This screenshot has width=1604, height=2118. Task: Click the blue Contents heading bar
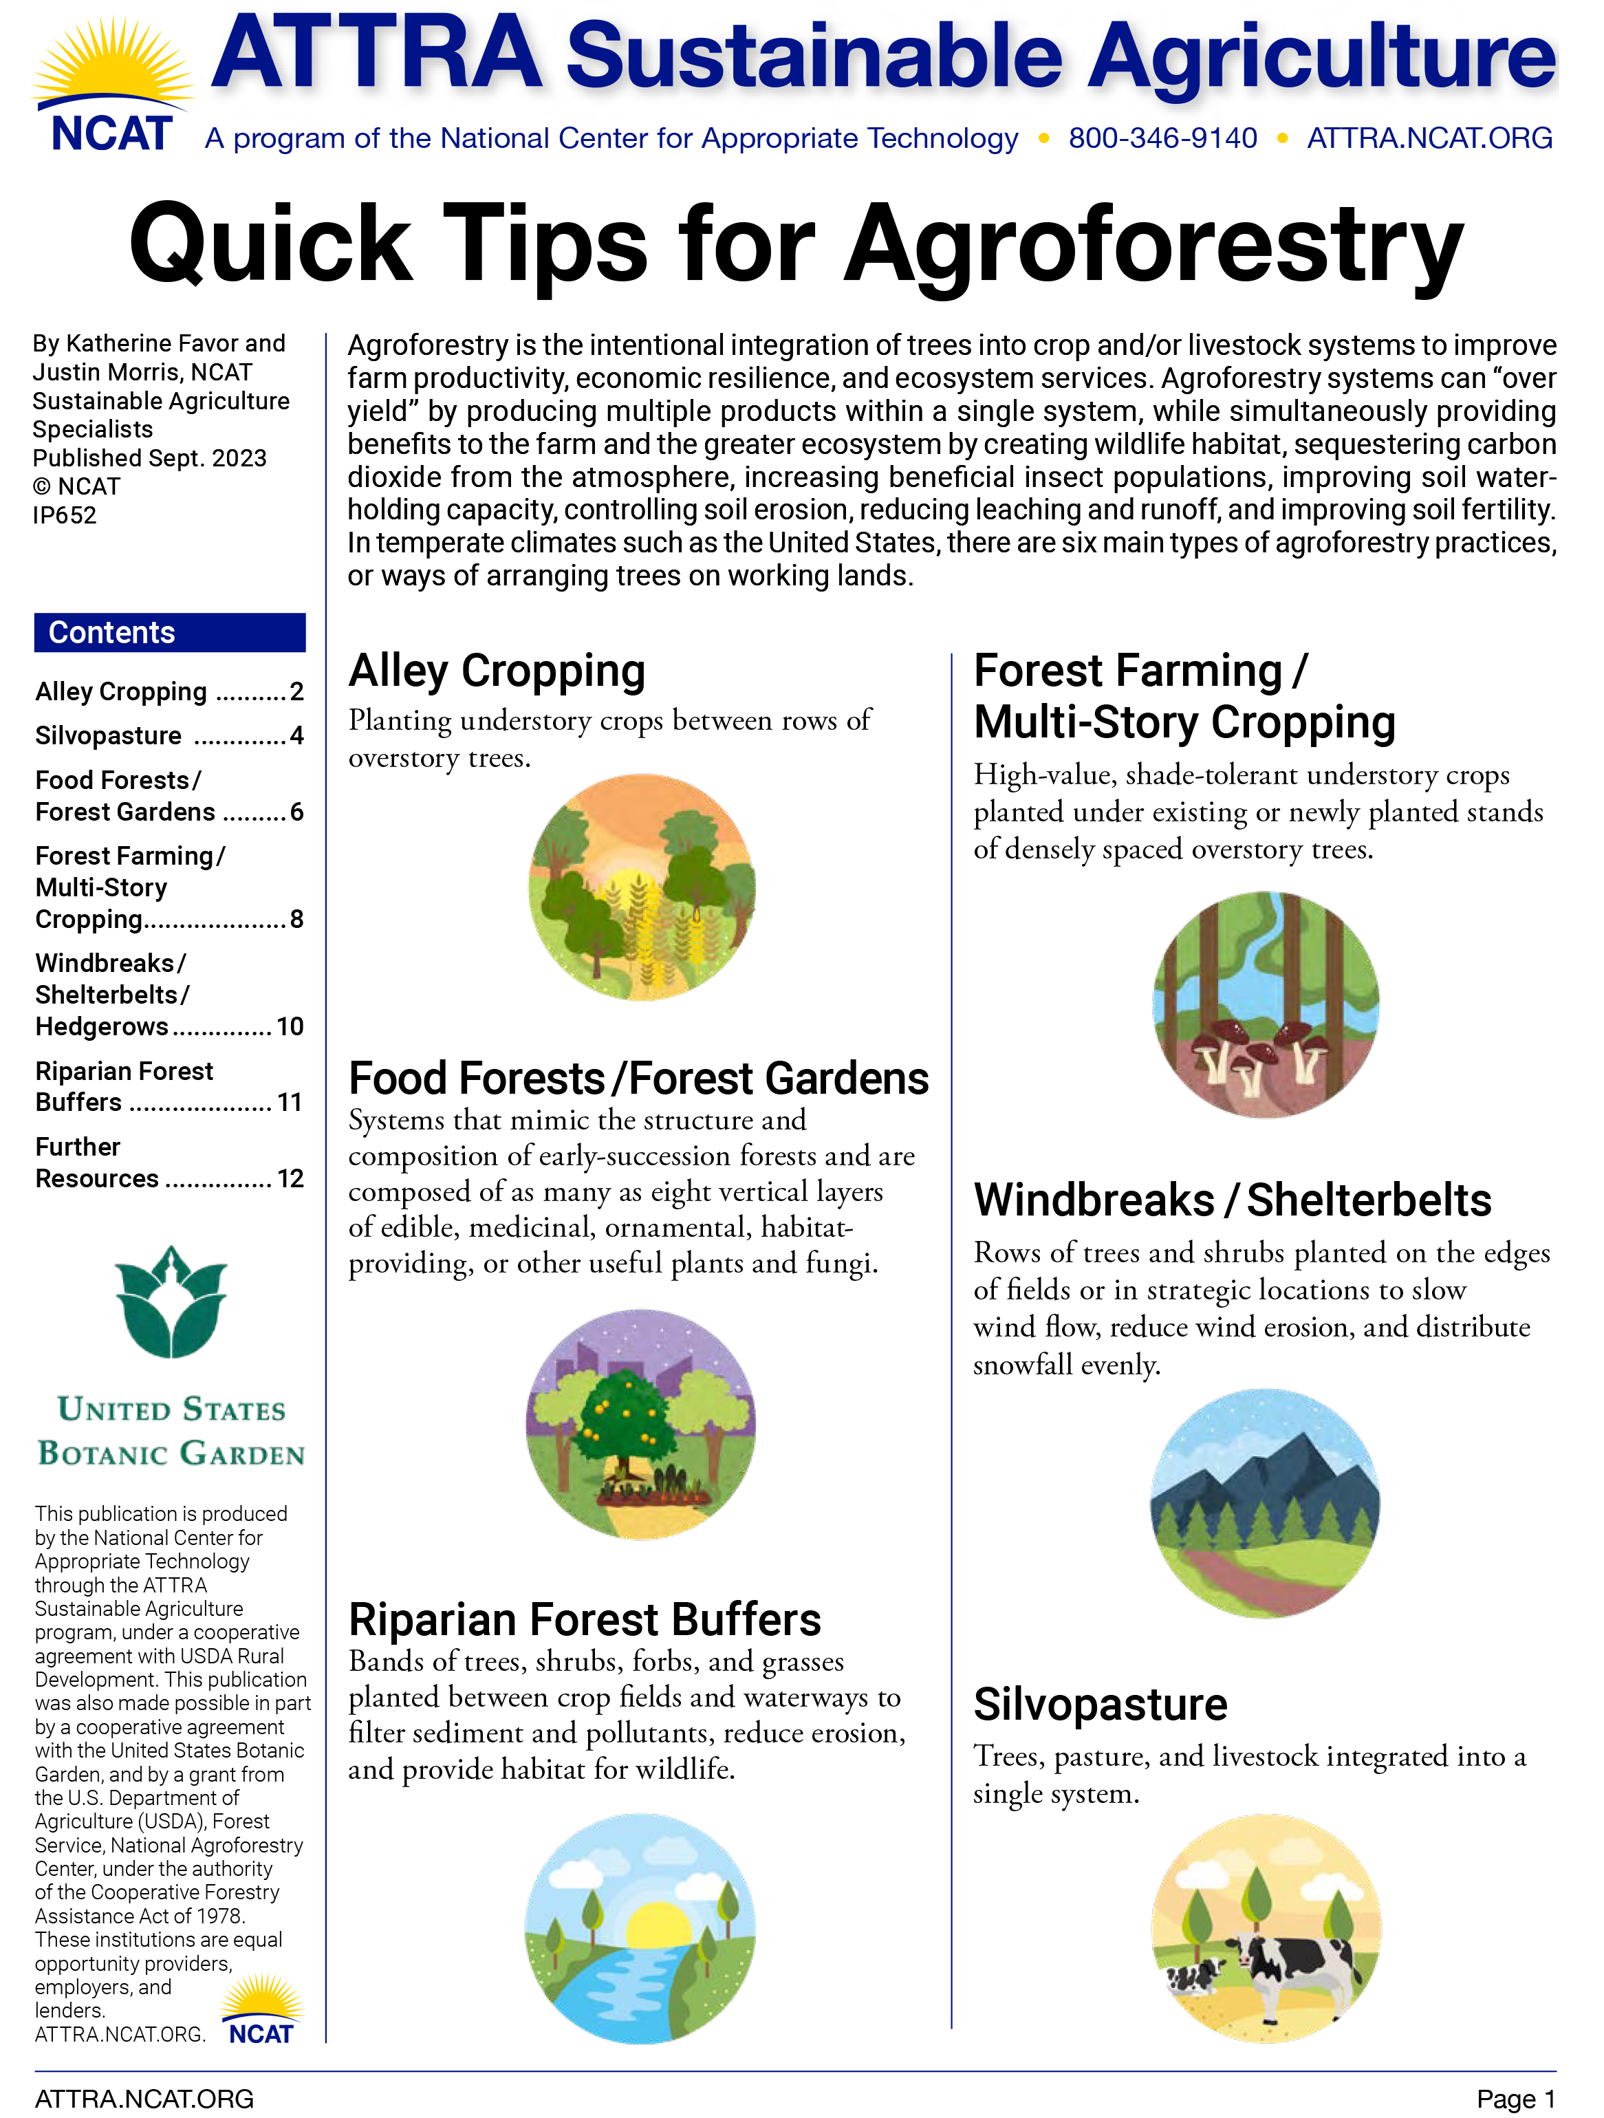tap(169, 632)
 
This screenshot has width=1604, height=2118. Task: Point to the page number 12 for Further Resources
tap(290, 1178)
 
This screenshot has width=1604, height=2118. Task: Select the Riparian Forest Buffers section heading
tap(584, 1619)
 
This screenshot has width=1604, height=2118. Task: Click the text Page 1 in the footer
tap(1515, 2099)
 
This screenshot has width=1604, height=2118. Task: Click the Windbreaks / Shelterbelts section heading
tap(1233, 1200)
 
